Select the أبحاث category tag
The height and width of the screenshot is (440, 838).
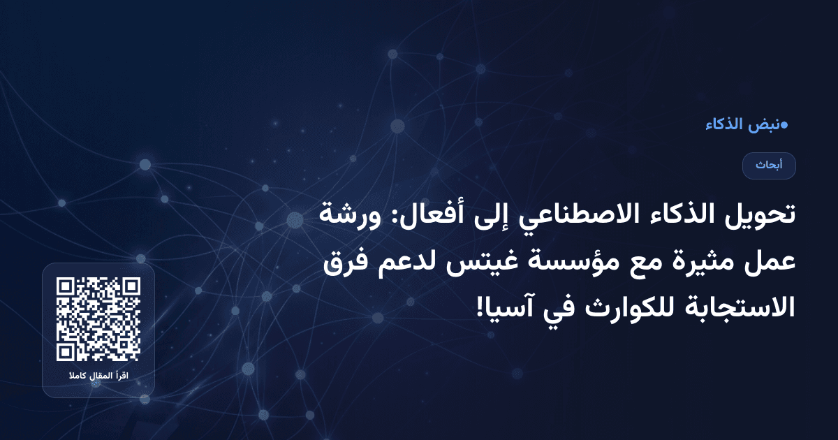click(768, 166)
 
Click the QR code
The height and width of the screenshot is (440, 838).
click(98, 318)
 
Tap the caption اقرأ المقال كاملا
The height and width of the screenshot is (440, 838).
click(98, 377)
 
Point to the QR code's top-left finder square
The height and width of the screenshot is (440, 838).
click(66, 287)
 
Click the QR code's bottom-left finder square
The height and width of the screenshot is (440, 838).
click(66, 351)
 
